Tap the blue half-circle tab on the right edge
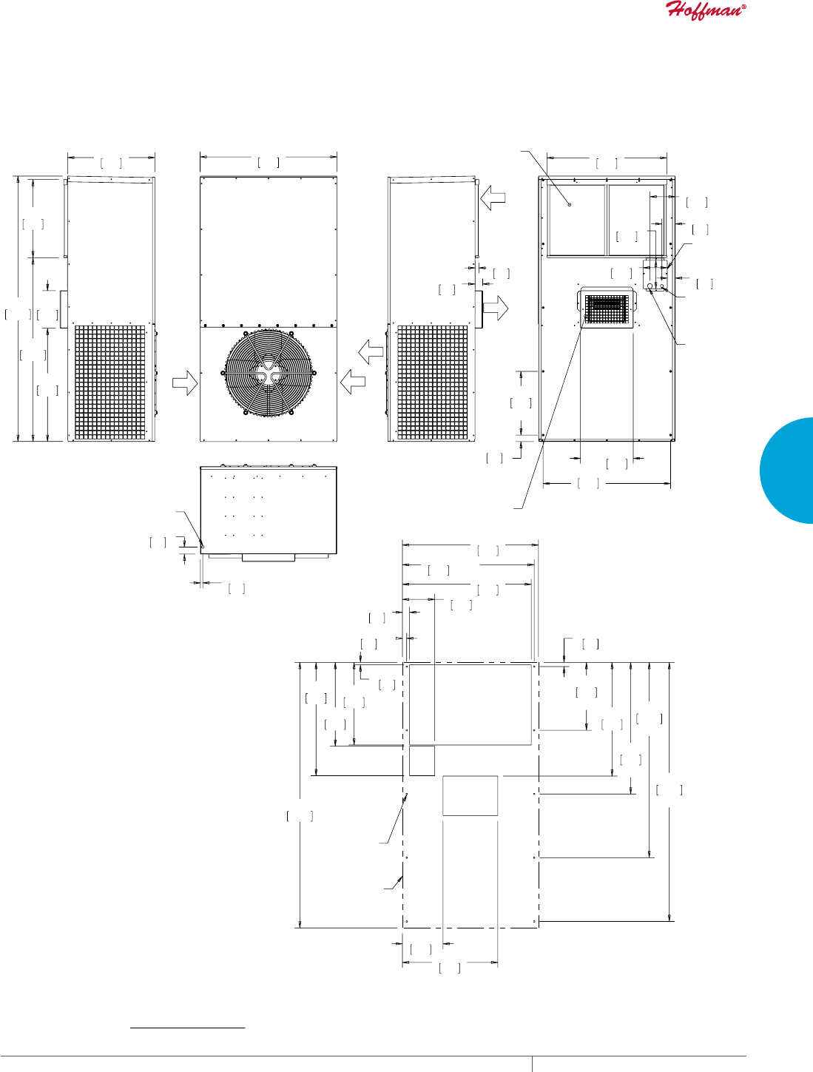point(789,471)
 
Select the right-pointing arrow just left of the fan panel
point(185,382)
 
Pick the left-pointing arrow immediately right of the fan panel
point(354,382)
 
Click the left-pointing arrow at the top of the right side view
point(492,198)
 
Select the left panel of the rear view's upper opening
point(577,220)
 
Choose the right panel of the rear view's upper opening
point(635,220)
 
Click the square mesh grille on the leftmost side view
point(110,382)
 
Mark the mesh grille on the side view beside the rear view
point(433,382)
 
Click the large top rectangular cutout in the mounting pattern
point(470,704)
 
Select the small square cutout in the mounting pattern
point(422,761)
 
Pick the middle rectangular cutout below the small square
point(470,795)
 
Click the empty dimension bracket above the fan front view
point(269,162)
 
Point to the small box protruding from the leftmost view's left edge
point(64,309)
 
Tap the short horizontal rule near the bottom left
point(187,1028)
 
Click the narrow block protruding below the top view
point(268,556)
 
